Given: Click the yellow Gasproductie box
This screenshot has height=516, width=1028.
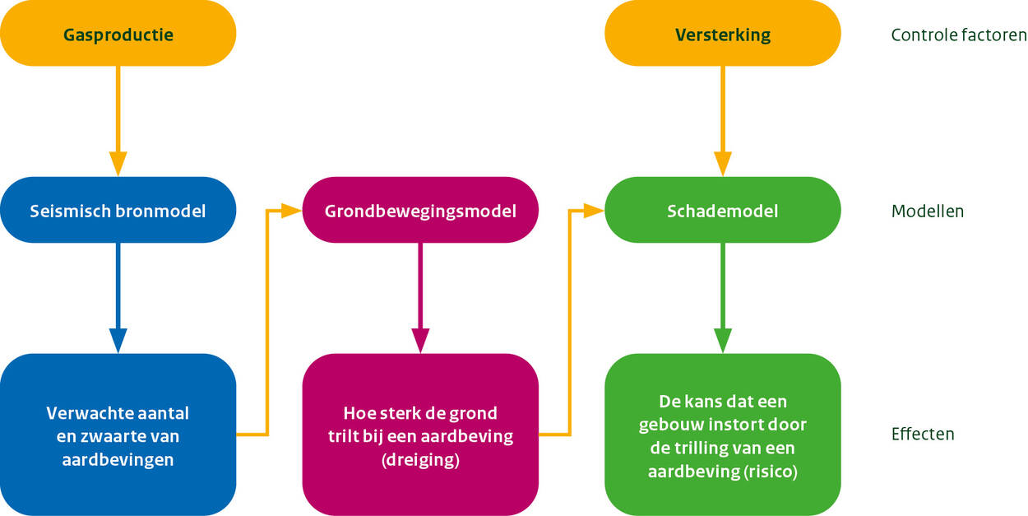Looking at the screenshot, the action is tap(118, 33).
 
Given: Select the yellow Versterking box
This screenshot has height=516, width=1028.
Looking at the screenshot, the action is tap(723, 33).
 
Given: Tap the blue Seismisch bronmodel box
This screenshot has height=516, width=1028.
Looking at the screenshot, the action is tap(118, 210).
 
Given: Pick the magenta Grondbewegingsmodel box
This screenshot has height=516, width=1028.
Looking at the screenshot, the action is tap(420, 210).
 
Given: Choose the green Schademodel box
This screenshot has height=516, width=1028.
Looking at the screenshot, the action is tap(723, 210).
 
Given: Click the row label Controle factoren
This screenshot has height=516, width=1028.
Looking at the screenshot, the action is tap(959, 35).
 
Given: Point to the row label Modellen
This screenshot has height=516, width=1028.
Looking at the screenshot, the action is tap(928, 212).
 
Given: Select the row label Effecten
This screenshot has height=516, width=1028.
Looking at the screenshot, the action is tap(923, 434).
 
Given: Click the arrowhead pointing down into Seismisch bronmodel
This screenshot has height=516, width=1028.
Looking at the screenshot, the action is tap(118, 164).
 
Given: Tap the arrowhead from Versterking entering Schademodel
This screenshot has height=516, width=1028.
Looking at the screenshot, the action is tap(723, 164).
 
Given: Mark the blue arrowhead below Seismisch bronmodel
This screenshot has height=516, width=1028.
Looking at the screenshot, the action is tap(118, 341).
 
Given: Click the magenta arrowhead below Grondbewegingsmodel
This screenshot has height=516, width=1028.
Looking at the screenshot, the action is tap(420, 341).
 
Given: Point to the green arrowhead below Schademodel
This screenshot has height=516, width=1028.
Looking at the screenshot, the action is tap(723, 341).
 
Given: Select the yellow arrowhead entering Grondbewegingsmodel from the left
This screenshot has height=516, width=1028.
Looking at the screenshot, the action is tap(291, 211).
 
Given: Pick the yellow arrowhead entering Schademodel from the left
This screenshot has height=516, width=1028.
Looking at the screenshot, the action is tap(594, 211).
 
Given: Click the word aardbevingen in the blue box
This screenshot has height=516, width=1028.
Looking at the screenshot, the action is tap(118, 460).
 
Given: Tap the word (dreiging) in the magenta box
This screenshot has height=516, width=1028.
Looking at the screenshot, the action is tap(420, 460).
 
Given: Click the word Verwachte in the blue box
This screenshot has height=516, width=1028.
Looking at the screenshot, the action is tap(83, 413).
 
